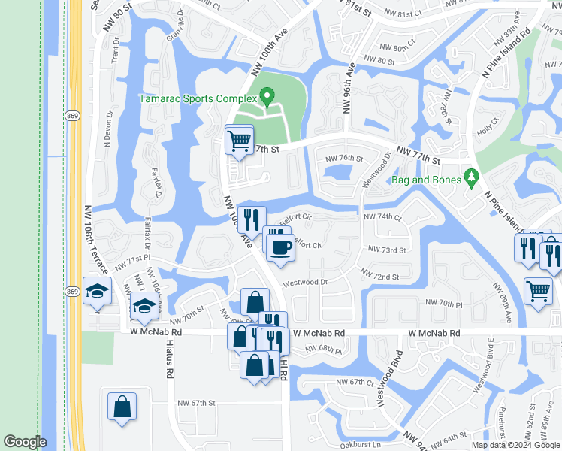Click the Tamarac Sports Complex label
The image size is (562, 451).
(197, 98)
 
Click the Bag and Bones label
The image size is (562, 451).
(426, 180)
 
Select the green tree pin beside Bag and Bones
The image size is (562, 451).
(471, 177)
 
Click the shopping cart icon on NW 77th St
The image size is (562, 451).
(239, 140)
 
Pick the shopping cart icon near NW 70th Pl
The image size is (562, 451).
(538, 290)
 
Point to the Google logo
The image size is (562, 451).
(25, 442)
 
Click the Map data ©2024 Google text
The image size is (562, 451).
(515, 445)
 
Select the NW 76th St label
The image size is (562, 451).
(345, 159)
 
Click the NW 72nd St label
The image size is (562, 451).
(380, 277)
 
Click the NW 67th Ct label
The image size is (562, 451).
(355, 383)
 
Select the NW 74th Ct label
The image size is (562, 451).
(382, 216)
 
